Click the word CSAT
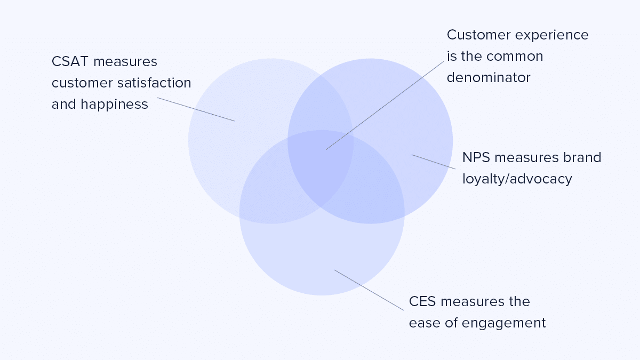click(x=70, y=62)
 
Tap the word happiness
click(x=114, y=105)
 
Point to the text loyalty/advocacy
click(x=517, y=179)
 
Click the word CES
click(x=422, y=302)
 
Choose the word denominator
click(x=489, y=78)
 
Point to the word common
click(x=517, y=57)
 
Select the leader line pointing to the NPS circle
click(x=433, y=162)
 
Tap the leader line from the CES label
click(x=369, y=290)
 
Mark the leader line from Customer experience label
click(x=385, y=105)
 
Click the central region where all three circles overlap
click(x=323, y=163)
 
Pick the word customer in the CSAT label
click(x=77, y=83)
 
